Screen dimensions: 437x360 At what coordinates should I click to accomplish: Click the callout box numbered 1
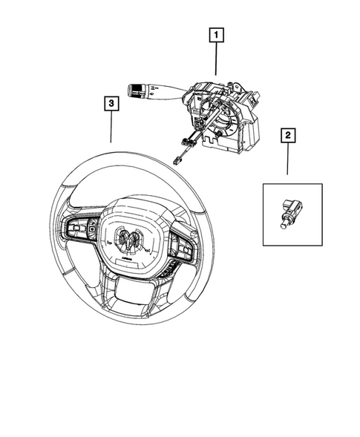point(216,34)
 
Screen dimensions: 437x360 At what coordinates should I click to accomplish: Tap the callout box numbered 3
point(110,105)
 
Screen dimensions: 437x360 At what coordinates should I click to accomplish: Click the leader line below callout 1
point(216,58)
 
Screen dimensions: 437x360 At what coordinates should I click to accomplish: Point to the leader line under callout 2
point(287,160)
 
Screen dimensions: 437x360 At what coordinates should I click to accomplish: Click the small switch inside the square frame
point(290,211)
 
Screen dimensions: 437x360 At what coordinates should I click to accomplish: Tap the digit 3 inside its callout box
point(110,105)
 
